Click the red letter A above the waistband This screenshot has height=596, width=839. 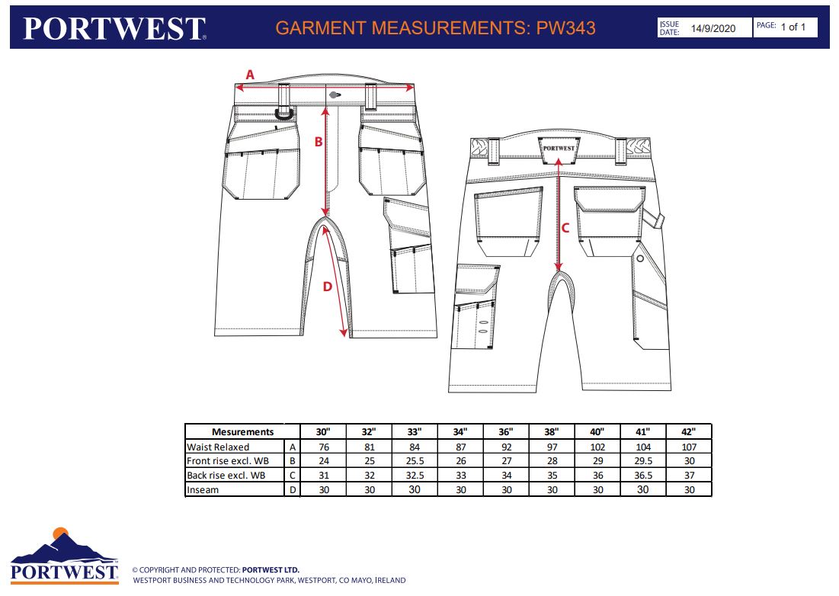coord(250,75)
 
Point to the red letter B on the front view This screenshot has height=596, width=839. coord(319,142)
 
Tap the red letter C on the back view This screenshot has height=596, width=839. coord(565,228)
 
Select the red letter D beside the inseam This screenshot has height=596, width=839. coord(328,287)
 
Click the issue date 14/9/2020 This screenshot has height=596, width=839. coord(713,28)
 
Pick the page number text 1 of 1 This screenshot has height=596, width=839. coord(793,27)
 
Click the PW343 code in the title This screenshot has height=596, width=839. coord(566,28)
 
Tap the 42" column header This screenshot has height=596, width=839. coord(689,431)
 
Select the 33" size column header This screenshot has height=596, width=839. coord(414,431)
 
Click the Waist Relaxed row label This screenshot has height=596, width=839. coord(218,447)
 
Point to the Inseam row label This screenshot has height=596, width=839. coord(203,489)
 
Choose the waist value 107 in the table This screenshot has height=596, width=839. coord(689,447)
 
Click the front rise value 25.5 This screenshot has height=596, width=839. coord(415,460)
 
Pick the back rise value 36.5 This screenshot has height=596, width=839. coord(643,475)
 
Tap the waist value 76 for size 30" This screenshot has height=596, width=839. coord(324,447)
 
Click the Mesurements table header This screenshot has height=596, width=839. coord(242,431)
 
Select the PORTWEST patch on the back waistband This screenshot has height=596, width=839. coord(559,149)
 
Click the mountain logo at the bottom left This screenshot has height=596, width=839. coord(64,556)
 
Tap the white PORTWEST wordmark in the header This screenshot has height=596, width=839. coord(114,28)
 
